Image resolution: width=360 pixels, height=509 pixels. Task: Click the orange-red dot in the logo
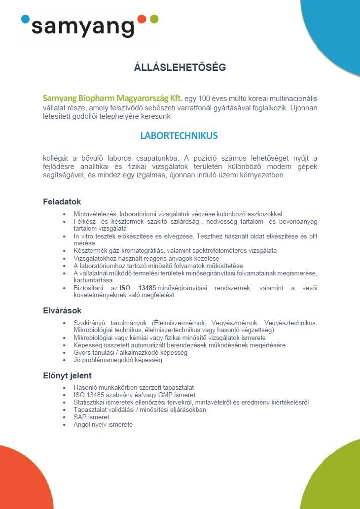pyautogui.click(x=142, y=19)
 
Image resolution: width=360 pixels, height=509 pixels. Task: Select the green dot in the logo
pyautogui.click(x=154, y=19)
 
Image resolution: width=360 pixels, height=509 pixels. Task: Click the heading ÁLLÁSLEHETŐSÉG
pyautogui.click(x=180, y=68)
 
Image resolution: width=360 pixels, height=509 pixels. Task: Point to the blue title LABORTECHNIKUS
pyautogui.click(x=179, y=136)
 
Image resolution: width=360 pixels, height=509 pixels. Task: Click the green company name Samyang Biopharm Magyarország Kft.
pyautogui.click(x=113, y=98)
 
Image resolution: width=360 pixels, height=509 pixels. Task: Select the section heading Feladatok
pyautogui.click(x=62, y=202)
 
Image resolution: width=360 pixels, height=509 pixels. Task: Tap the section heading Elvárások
pyautogui.click(x=62, y=311)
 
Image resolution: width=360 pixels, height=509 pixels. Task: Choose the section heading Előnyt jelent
pyautogui.click(x=67, y=376)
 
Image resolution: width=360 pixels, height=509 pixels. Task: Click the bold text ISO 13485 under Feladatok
pyautogui.click(x=135, y=288)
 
